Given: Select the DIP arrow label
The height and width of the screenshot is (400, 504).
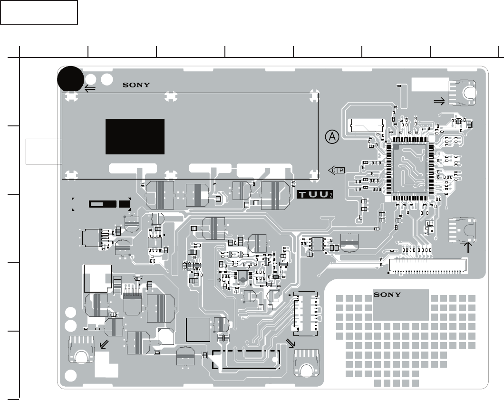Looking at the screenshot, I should point(336,170).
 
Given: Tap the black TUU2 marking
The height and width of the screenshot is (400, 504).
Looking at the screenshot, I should point(315,195).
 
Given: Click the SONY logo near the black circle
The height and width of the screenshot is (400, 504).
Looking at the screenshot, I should point(136,85).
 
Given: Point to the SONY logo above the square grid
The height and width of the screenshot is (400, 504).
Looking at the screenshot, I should point(387,295).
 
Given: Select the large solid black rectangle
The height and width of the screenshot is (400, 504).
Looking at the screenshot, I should point(135,136).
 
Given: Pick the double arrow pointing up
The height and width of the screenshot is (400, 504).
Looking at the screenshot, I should point(467,248).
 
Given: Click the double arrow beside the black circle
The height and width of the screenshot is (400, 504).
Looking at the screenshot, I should point(90,88).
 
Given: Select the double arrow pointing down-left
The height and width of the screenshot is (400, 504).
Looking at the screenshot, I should point(103,344).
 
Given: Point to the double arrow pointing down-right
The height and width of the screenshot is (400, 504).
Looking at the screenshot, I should point(291,343).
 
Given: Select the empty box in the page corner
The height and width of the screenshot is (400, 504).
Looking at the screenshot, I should point(39,12).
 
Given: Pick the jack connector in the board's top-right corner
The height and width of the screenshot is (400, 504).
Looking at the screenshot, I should point(463,92).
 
